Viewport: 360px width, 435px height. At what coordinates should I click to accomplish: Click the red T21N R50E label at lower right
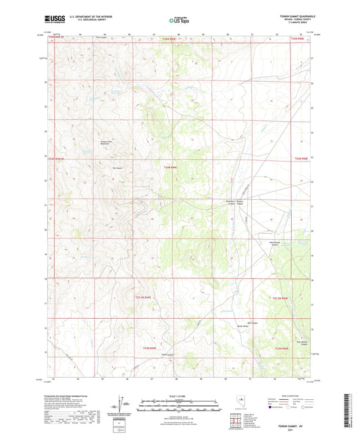(282, 348)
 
